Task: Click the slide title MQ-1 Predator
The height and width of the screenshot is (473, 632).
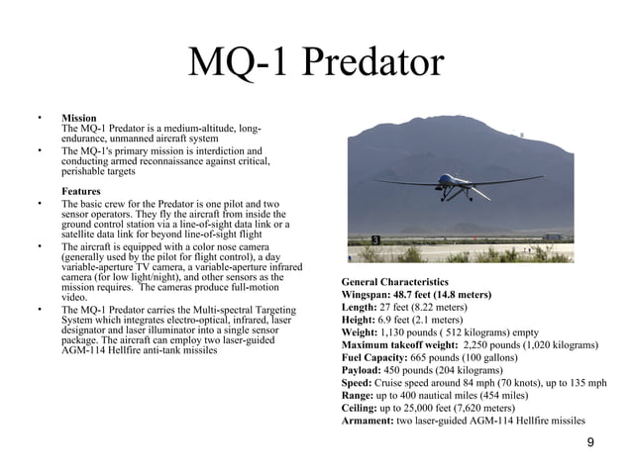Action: coord(316,63)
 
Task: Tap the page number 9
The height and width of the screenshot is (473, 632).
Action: coord(591,442)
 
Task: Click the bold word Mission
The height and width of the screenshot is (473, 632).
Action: coord(79,119)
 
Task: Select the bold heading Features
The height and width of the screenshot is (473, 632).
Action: coord(81,191)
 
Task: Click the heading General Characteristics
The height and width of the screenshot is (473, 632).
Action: coord(394,282)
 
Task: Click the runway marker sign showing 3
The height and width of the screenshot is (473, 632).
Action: coord(375,240)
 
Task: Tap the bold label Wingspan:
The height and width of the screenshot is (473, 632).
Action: coord(370,295)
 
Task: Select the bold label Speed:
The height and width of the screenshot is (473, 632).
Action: coord(359,382)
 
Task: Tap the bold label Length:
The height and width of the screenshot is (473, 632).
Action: coord(362,307)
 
